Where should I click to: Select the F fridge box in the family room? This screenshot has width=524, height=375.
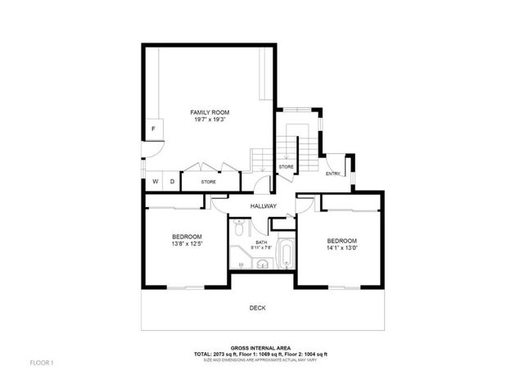coord(153,128)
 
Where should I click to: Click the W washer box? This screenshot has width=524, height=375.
coord(154,182)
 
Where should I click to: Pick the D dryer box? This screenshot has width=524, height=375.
coord(172,182)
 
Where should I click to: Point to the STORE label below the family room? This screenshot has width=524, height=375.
coord(209,182)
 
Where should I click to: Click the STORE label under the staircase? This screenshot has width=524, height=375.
coord(286,167)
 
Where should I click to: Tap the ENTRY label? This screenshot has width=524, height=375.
coord(332,174)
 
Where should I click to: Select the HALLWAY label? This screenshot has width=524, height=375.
coord(263,206)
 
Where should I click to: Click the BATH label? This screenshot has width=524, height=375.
coord(260,242)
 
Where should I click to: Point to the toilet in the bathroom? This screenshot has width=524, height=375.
coord(237,223)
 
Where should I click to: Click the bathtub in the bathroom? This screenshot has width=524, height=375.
coord(287,255)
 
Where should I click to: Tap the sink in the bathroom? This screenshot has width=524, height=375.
coord(261,264)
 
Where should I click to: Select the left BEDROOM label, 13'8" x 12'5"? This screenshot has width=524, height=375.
coord(187,239)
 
